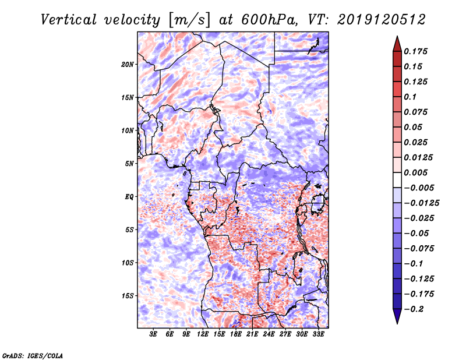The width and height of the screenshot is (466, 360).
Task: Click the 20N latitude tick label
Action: coord(128,64)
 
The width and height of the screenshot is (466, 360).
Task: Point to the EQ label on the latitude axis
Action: coord(129,197)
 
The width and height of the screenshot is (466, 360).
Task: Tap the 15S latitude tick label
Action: coord(128,296)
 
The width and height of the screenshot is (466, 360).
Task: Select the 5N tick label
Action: coord(129,164)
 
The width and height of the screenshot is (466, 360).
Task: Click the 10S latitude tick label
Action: coord(128,263)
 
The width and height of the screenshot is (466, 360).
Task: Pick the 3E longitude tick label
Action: coord(154,334)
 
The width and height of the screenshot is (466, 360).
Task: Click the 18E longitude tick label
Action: coord(236,334)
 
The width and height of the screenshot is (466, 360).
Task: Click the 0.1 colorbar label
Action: coord(411,97)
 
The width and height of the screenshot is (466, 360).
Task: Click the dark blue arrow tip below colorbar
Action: coord(396,319)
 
